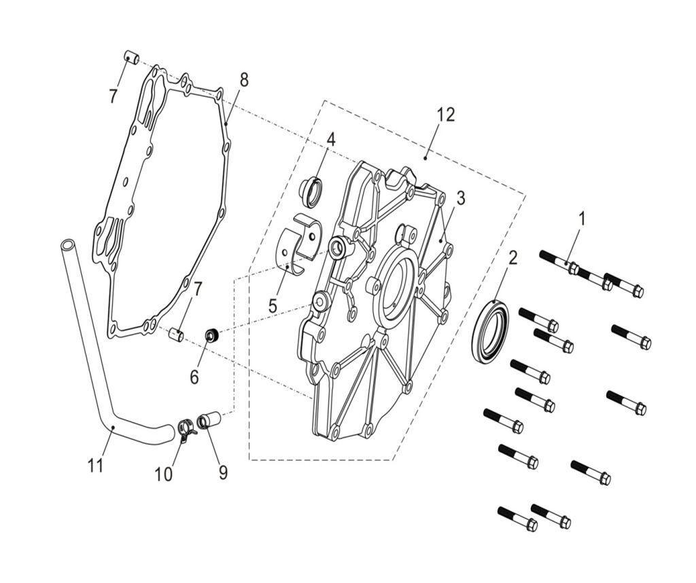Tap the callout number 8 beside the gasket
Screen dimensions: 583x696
[x=243, y=80]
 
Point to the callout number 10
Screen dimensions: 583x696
[x=163, y=474]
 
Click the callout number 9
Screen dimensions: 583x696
[x=223, y=473]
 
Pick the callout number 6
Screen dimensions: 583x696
[x=194, y=377]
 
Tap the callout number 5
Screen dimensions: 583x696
[x=273, y=306]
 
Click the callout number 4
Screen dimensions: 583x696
[x=331, y=139]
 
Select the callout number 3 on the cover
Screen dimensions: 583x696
[x=460, y=198]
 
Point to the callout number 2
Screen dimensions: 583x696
[x=512, y=258]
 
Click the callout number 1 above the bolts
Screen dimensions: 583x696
[x=581, y=219]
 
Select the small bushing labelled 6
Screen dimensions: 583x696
[x=212, y=335]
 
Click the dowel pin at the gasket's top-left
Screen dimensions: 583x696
[x=131, y=58]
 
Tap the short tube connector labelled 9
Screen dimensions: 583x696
[x=209, y=421]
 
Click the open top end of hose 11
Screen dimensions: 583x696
[x=67, y=244]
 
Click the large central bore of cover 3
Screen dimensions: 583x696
[x=395, y=288]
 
